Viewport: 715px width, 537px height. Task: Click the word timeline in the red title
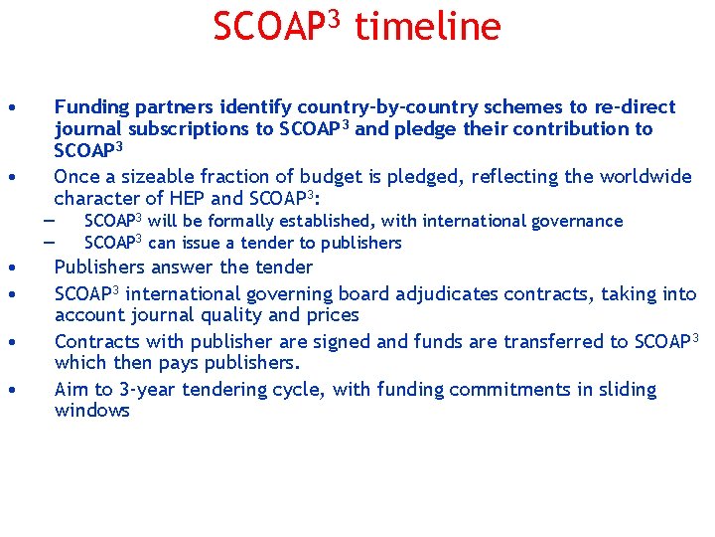coord(427,27)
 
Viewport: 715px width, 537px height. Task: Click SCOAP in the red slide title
coord(266,27)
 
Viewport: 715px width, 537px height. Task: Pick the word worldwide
coord(643,177)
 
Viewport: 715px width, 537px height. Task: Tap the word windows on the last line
coord(91,411)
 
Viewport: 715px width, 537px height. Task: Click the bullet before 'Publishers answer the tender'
coord(9,268)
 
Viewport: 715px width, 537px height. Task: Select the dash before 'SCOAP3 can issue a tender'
coord(48,243)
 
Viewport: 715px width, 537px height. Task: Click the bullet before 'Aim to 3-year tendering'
coord(9,390)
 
